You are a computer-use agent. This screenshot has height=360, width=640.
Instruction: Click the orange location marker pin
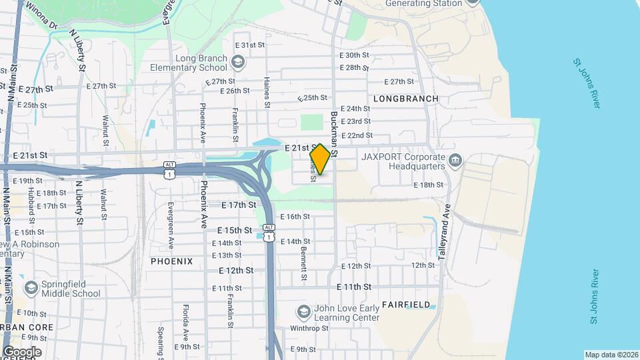pos(320,159)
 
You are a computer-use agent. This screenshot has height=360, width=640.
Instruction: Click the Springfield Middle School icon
pos(31,288)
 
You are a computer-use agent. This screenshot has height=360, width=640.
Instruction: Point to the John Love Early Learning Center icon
pos(303,312)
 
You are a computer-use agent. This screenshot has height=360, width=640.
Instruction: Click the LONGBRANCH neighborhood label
pos(406,99)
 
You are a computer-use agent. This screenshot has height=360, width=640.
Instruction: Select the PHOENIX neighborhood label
pos(171,261)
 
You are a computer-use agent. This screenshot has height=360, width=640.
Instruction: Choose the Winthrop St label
pos(309,328)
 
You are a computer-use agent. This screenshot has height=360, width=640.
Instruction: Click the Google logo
pos(21,352)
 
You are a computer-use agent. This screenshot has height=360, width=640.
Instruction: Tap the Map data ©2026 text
pos(611,355)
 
